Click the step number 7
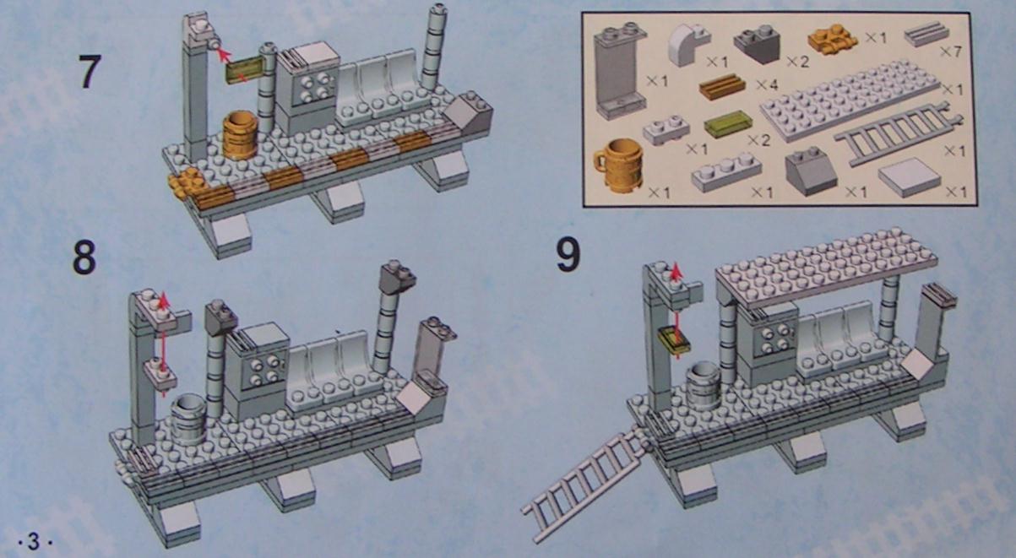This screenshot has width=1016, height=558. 90,72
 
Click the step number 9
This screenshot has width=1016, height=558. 568,255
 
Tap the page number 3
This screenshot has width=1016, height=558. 34,541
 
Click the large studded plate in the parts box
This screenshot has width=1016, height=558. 850,100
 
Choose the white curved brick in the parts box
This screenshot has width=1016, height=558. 688,46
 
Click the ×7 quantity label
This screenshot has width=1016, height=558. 951,52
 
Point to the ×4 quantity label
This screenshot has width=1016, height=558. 767,84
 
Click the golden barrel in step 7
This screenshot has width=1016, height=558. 240,134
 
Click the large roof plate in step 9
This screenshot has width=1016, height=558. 827,268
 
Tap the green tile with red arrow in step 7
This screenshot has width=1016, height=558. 245,69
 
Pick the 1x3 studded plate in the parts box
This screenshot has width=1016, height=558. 726,172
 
